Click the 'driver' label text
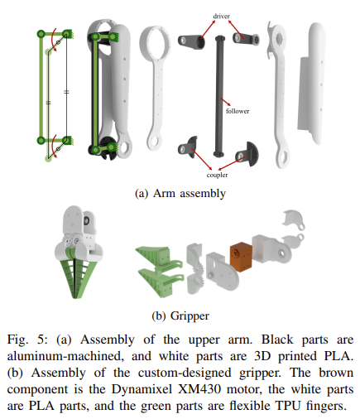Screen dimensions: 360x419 (x=221, y=16)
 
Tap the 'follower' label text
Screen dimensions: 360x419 (x=238, y=111)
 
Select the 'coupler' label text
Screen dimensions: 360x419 (x=217, y=175)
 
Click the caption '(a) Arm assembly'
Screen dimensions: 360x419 (x=180, y=193)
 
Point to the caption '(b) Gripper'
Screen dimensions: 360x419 (x=180, y=315)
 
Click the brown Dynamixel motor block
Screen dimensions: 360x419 (x=241, y=257)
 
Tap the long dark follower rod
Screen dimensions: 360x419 (x=219, y=96)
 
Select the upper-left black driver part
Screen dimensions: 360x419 (x=191, y=41)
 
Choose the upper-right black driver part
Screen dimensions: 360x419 (x=246, y=38)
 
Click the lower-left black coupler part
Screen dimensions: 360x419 (x=188, y=147)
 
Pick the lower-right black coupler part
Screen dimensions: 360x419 (x=247, y=155)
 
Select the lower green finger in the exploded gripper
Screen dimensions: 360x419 (x=160, y=282)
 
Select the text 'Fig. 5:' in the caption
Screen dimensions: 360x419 (x=27, y=340)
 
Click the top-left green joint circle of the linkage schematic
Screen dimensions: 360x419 (x=41, y=34)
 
